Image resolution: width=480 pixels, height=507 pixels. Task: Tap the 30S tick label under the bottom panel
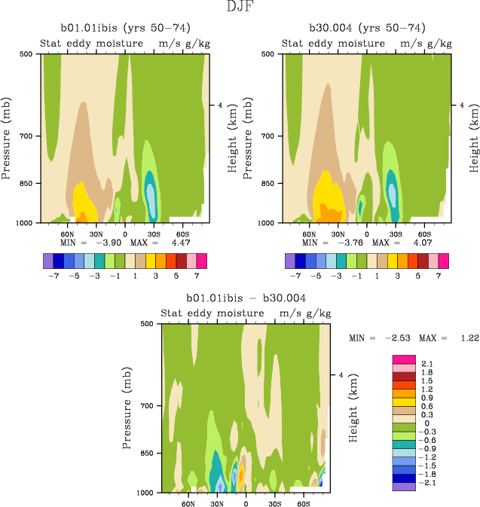tap(274, 503)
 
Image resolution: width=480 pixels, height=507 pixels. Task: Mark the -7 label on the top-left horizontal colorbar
tap(54, 276)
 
